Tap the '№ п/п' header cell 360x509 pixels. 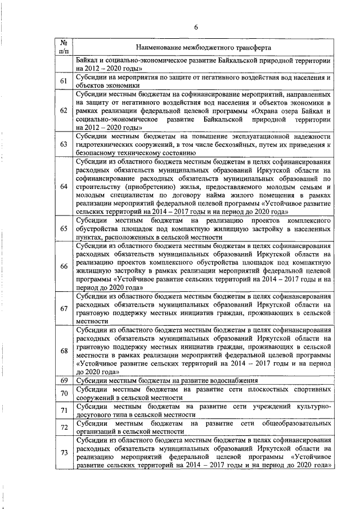[x=64, y=47]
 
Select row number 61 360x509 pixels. [x=64, y=82]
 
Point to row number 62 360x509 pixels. [x=64, y=111]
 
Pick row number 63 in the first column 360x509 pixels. [x=64, y=145]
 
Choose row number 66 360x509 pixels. [x=64, y=267]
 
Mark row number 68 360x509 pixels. [x=64, y=351]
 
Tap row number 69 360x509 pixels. [x=64, y=381]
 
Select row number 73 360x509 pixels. [x=64, y=453]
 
